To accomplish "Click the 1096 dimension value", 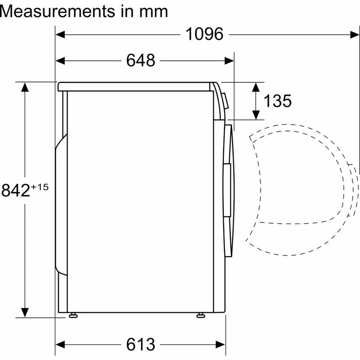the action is coord(204,34).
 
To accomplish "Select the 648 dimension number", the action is coord(140,60).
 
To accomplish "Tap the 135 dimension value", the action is coord(277,101).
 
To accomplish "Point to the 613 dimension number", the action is coord(140,344).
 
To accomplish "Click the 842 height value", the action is coord(16,190).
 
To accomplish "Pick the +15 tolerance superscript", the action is coord(40,187).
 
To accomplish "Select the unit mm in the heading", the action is coord(153,13).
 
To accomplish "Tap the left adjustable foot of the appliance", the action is coord(73,315).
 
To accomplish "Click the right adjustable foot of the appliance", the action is coord(201,315).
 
